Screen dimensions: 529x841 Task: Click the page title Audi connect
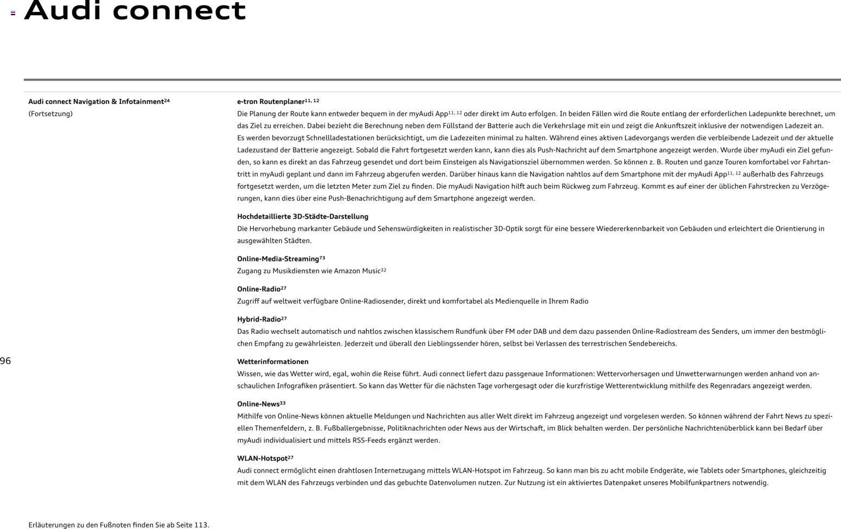pyautogui.click(x=135, y=11)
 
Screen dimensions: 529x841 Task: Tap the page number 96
pyautogui.click(x=5, y=361)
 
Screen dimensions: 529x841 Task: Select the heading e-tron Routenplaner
pyautogui.click(x=270, y=102)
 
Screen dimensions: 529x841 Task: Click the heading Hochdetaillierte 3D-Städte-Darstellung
pyautogui.click(x=302, y=217)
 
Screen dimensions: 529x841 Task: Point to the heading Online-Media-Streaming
pyautogui.click(x=278, y=259)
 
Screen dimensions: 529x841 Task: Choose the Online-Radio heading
pyautogui.click(x=259, y=289)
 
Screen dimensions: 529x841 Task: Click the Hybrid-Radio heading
pyautogui.click(x=259, y=320)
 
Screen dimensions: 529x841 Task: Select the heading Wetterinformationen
pyautogui.click(x=272, y=362)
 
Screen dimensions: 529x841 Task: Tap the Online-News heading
pyautogui.click(x=258, y=404)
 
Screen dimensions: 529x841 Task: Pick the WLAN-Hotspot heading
pyautogui.click(x=262, y=459)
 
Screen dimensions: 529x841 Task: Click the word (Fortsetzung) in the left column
pyautogui.click(x=50, y=114)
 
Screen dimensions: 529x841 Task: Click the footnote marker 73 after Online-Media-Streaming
pyautogui.click(x=322, y=257)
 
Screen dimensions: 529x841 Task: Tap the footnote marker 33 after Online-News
pyautogui.click(x=283, y=403)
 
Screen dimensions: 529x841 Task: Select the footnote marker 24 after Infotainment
pyautogui.click(x=167, y=100)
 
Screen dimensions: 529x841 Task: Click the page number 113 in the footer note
pyautogui.click(x=200, y=525)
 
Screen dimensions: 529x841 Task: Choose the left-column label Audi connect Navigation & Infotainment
pyautogui.click(x=95, y=102)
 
